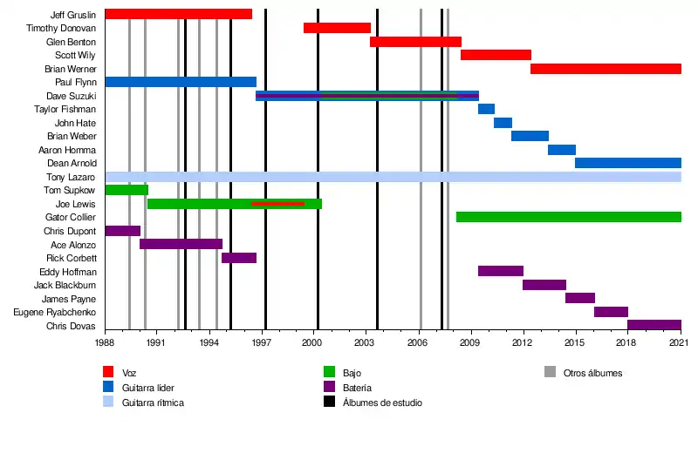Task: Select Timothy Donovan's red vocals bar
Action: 337,28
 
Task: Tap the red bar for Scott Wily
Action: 496,55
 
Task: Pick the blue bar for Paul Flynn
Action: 181,82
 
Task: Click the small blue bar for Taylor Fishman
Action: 486,109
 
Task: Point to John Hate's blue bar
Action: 503,123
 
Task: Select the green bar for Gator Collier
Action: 568,217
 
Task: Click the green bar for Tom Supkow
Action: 127,190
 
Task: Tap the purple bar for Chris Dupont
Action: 123,231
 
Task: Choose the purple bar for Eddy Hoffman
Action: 501,271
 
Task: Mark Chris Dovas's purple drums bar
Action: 654,325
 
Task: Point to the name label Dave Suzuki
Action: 71,96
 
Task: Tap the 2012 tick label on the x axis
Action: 523,344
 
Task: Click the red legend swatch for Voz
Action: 109,373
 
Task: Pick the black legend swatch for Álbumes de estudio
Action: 329,402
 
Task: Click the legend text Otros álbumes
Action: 592,373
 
